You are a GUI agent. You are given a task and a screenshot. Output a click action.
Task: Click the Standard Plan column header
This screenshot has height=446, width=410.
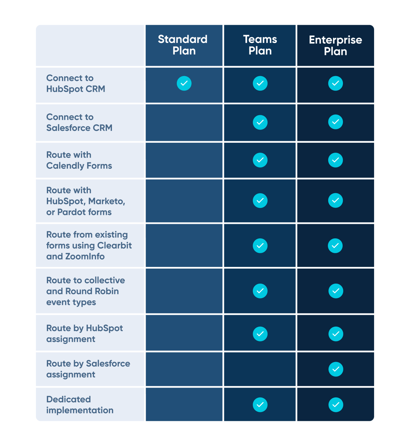[x=184, y=45]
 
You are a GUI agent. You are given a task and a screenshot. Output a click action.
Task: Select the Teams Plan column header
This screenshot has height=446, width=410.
[x=260, y=45]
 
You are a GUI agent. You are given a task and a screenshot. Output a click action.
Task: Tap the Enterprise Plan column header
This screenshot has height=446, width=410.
[x=336, y=45]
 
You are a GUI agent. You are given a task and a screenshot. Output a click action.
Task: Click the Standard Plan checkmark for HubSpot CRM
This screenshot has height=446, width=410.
[x=184, y=83]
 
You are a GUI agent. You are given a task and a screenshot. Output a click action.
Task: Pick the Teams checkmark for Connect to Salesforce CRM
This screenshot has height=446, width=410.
[x=260, y=122]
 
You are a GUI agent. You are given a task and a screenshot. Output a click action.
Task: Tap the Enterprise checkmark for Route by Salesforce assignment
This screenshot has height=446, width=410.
[x=336, y=369]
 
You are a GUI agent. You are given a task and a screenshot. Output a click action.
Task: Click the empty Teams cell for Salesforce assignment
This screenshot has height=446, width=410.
[x=260, y=369]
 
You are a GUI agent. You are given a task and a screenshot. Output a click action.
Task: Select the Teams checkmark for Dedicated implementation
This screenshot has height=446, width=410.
[x=260, y=405]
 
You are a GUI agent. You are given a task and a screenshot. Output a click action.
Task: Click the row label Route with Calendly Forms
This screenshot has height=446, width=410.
[x=79, y=160]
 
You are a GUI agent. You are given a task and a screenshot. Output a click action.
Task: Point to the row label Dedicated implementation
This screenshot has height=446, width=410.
[x=80, y=405]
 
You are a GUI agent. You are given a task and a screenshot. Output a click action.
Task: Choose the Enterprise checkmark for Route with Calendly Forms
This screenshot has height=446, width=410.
[x=336, y=160]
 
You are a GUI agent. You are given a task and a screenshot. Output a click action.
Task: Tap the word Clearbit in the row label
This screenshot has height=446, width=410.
[x=114, y=245]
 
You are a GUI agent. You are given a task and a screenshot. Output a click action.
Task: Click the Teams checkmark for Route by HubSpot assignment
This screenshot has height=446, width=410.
[x=260, y=334]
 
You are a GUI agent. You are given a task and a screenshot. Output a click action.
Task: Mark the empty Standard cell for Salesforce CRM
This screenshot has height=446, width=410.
[x=184, y=122]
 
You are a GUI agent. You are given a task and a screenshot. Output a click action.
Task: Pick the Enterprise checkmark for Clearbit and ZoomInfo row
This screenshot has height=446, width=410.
[x=335, y=246]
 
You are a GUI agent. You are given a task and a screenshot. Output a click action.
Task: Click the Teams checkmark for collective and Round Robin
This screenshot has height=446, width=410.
[x=260, y=291]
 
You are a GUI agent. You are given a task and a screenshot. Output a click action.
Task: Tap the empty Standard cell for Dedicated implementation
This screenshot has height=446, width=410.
[x=184, y=404]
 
